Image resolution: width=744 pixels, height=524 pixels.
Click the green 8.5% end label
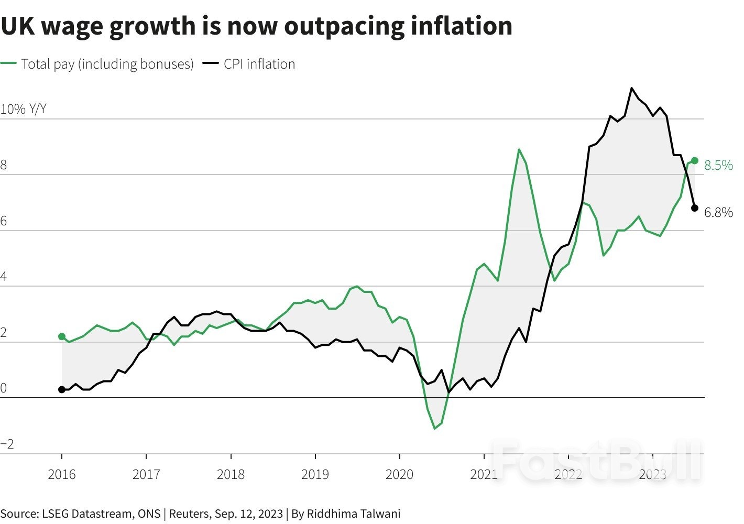[x=718, y=166]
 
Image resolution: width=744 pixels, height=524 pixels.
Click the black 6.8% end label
[x=718, y=213]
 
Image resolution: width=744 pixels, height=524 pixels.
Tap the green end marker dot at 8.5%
[x=695, y=160]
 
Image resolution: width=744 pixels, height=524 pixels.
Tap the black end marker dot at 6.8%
[x=695, y=208]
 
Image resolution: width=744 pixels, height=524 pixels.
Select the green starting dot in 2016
[x=62, y=336]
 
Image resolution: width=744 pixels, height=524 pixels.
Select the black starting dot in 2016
[x=62, y=389]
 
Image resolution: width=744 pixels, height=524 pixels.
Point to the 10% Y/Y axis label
[x=24, y=109]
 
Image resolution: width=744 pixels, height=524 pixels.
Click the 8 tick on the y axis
[x=4, y=166]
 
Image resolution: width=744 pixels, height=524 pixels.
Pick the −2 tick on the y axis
[x=7, y=445]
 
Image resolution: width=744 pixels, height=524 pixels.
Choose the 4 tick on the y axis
[x=4, y=277]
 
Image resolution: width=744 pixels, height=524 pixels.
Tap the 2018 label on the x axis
[x=231, y=475]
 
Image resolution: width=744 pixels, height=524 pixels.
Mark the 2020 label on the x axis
[x=399, y=475]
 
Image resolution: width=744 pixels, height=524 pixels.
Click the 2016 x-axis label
[x=62, y=475]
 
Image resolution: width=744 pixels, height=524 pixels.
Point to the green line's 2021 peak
[x=519, y=150]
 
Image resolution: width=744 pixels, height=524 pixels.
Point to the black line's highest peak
[x=631, y=88]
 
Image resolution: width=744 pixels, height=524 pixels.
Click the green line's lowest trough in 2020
[x=434, y=429]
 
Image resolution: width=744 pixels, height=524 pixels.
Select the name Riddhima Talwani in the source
[x=354, y=514]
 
